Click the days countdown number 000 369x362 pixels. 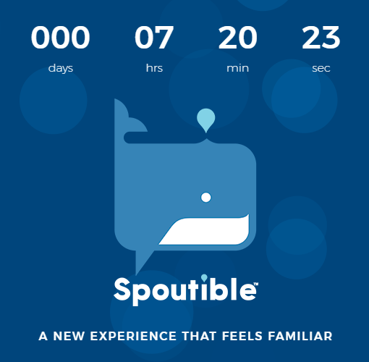click(61, 38)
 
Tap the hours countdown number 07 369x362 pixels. click(154, 38)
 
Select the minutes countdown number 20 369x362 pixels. click(237, 38)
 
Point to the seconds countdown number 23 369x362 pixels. click(321, 38)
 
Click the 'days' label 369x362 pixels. click(61, 69)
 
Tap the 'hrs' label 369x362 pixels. click(154, 69)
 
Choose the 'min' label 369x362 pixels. click(237, 69)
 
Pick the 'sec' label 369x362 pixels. click(321, 69)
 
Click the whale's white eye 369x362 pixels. click(205, 197)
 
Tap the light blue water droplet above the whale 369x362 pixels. click(206, 119)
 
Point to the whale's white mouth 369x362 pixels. click(206, 232)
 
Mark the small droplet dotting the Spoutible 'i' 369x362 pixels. click(204, 277)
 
